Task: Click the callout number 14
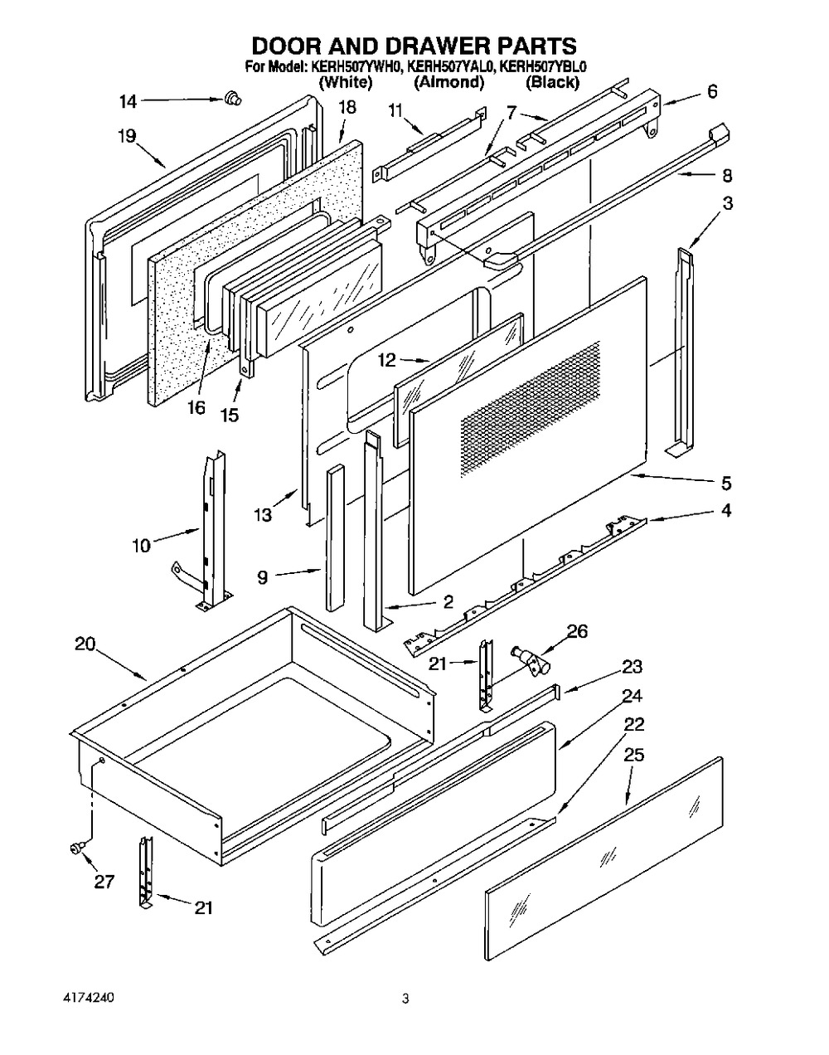click(128, 102)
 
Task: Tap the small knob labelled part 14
click(231, 100)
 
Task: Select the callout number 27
click(103, 882)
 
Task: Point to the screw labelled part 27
click(74, 847)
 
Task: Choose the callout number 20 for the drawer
click(85, 644)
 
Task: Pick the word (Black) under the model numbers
click(552, 82)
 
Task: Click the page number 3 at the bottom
click(405, 999)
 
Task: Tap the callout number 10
click(142, 545)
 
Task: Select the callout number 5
click(726, 483)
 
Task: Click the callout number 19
click(126, 136)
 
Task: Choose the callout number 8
click(726, 176)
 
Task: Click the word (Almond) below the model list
click(448, 82)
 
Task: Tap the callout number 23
click(633, 666)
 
